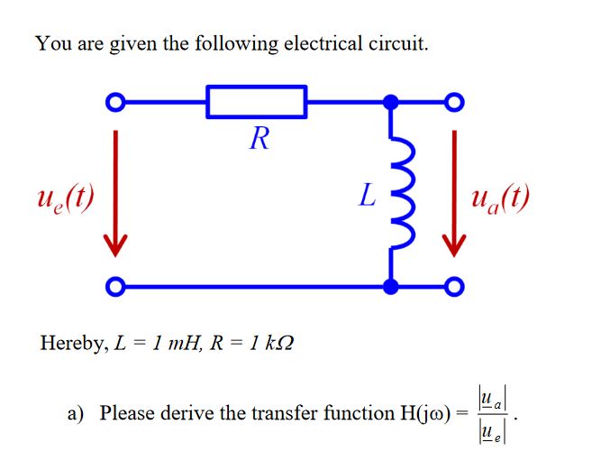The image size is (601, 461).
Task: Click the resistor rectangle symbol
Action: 257,102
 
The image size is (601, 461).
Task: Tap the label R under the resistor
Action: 260,139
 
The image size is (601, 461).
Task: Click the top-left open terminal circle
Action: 114,102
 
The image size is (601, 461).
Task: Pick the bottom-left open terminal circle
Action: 114,287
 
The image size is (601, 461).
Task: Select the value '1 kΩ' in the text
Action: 269,344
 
